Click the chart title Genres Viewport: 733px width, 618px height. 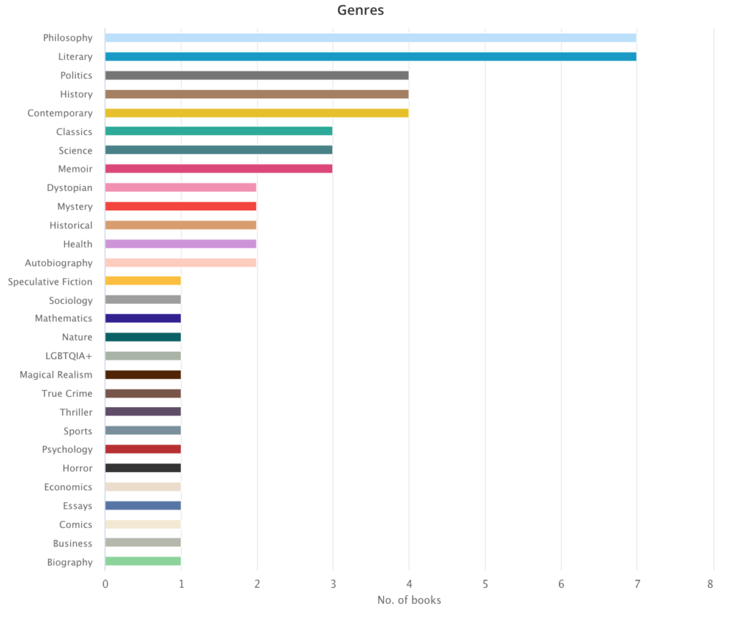click(x=361, y=11)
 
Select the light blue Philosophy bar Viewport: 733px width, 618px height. click(x=370, y=38)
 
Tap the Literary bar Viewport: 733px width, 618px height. click(x=370, y=57)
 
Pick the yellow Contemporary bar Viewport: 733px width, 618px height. click(x=256, y=113)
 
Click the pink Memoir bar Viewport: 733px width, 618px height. click(x=218, y=169)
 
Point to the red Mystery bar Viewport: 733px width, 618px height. click(x=180, y=207)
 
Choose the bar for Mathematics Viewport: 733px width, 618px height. click(x=142, y=318)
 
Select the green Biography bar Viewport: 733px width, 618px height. click(x=142, y=561)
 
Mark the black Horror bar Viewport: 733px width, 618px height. click(x=142, y=468)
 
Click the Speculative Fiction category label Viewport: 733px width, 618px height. click(x=50, y=282)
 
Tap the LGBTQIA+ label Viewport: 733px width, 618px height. click(x=69, y=356)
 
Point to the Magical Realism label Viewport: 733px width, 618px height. click(x=56, y=375)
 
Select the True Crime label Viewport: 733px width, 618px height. click(x=67, y=393)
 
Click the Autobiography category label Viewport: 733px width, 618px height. click(x=59, y=263)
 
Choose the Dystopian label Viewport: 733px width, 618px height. click(x=69, y=188)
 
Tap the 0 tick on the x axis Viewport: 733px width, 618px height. click(x=105, y=584)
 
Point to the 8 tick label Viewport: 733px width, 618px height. click(x=710, y=584)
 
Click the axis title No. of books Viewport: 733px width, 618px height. click(x=409, y=600)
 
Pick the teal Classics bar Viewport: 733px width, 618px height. click(x=218, y=132)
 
